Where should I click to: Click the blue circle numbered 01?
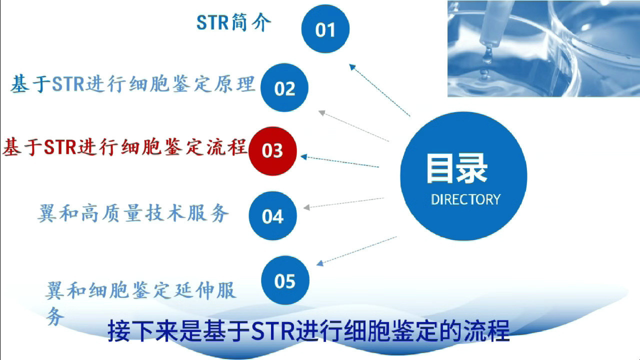point(325,29)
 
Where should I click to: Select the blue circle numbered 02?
point(284,87)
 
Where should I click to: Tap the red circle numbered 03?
point(272,151)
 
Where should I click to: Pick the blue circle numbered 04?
point(273,215)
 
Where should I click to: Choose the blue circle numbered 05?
point(285,280)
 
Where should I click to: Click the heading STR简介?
point(233,22)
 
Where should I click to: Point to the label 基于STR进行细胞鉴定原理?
point(132,84)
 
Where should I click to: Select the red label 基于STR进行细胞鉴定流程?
point(124,147)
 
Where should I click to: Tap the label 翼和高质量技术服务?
point(133,213)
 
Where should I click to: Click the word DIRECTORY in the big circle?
point(465,199)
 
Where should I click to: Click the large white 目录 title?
point(457,168)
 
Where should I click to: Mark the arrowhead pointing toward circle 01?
point(352,67)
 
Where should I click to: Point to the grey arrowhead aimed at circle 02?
point(322,113)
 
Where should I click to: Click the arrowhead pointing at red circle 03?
point(304,157)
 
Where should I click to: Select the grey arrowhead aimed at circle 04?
point(306,207)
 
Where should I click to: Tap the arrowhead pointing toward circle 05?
point(320,263)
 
